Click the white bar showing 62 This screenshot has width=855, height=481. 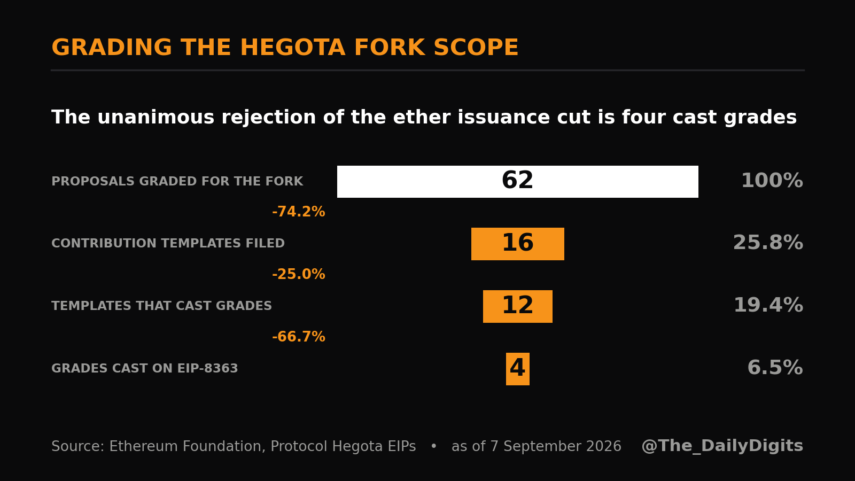518,182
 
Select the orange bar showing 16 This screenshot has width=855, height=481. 518,244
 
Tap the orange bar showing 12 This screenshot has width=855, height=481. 518,307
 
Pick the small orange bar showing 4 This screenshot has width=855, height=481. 518,369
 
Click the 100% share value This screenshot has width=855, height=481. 772,181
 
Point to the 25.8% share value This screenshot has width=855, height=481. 768,243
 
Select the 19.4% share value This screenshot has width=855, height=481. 768,305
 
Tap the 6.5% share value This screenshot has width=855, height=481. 775,368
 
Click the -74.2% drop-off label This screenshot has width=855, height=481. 299,212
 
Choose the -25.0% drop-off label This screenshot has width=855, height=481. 299,275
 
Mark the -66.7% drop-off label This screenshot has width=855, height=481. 299,337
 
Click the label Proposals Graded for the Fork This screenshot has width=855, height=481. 177,181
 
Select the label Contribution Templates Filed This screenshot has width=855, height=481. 168,244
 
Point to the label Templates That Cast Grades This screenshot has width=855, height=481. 161,306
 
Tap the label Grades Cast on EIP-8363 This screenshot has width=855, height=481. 145,368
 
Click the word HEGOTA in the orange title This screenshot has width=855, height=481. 292,48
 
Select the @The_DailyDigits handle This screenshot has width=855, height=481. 722,446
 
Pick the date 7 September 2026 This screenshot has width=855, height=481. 556,447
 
